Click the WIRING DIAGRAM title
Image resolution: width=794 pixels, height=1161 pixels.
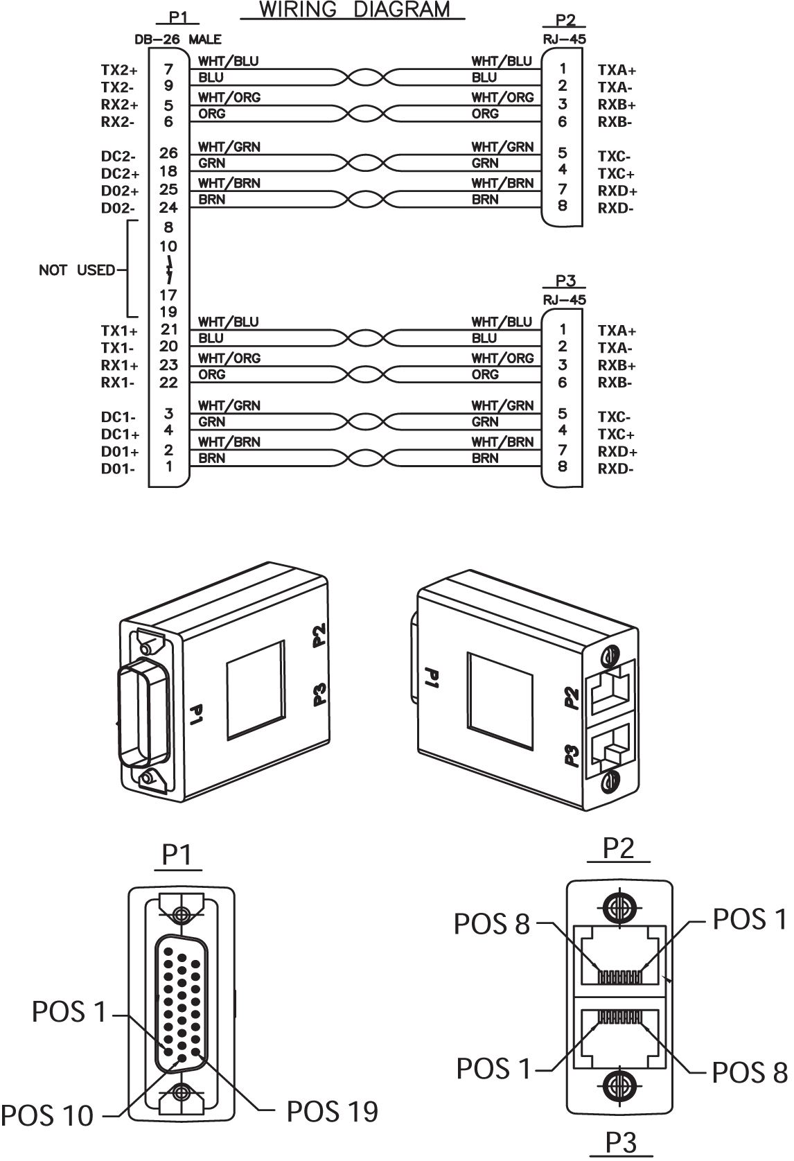click(x=354, y=10)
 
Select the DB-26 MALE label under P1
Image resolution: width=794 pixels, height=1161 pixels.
click(x=178, y=40)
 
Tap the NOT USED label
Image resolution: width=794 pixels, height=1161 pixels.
click(x=77, y=270)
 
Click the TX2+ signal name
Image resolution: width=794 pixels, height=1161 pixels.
click(x=119, y=70)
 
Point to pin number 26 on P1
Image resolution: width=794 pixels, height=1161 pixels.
click(x=168, y=153)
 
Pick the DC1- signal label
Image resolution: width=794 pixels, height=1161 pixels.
click(x=118, y=417)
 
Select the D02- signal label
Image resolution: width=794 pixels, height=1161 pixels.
click(x=118, y=208)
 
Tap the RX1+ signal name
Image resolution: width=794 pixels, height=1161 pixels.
click(x=119, y=365)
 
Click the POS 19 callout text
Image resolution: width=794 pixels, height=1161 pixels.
click(x=333, y=1112)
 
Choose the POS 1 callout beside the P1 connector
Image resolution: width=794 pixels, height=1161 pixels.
click(x=69, y=1012)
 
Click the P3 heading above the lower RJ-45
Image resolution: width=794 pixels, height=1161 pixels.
click(x=565, y=281)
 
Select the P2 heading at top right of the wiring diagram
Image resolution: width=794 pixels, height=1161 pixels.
click(x=565, y=21)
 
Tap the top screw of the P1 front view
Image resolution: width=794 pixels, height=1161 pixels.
click(x=182, y=915)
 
